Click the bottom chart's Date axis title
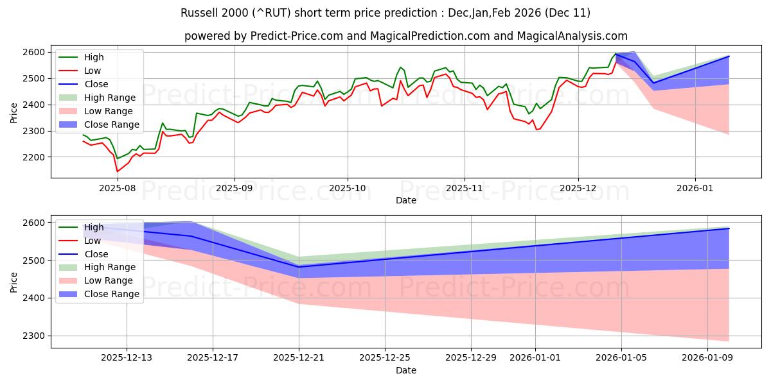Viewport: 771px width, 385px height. (405, 370)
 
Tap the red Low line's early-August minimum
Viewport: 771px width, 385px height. (117, 171)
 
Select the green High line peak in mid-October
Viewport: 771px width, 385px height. (400, 67)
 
